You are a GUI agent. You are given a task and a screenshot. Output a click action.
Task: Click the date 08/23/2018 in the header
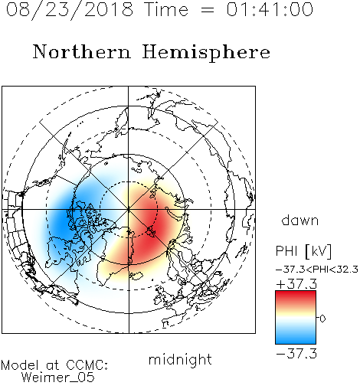(70, 10)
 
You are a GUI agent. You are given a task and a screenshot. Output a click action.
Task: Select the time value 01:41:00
(270, 9)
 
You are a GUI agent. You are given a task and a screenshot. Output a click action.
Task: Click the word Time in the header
(166, 9)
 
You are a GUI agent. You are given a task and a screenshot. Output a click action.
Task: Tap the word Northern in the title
(82, 52)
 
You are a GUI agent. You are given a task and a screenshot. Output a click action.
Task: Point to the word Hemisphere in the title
(206, 53)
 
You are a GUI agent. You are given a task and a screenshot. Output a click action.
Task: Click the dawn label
(300, 220)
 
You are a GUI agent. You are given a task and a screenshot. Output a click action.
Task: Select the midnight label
(180, 360)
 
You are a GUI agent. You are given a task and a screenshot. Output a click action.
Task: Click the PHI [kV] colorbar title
(303, 251)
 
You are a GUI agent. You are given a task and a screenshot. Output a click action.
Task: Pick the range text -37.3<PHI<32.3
(317, 270)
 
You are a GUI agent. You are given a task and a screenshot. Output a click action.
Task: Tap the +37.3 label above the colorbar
(296, 284)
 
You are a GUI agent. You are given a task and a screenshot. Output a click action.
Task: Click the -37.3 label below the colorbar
(296, 354)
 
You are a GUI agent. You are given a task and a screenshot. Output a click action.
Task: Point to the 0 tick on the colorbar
(322, 319)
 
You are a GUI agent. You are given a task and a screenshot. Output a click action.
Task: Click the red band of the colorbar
(296, 297)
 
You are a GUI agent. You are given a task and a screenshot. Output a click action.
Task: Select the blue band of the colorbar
(296, 337)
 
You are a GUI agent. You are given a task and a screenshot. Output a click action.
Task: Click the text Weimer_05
(58, 378)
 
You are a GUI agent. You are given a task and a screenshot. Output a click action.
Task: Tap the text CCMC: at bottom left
(87, 365)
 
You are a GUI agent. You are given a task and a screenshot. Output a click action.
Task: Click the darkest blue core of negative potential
(63, 220)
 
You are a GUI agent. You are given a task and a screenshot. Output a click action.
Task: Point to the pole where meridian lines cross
(129, 209)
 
